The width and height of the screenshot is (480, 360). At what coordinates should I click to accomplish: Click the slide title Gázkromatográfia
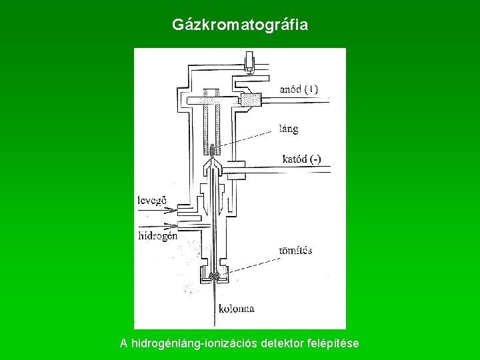tap(240, 25)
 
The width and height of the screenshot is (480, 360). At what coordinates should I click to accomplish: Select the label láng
tap(289, 128)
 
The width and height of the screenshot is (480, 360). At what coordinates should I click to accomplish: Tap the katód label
tap(293, 159)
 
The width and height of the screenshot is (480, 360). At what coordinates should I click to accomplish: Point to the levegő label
tap(153, 199)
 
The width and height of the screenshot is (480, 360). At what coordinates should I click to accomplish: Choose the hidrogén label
tap(157, 235)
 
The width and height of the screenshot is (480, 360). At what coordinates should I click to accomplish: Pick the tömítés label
tap(295, 251)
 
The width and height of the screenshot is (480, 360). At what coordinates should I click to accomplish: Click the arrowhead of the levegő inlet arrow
tap(174, 210)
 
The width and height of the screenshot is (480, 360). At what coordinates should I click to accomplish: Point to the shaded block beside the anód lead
tap(251, 99)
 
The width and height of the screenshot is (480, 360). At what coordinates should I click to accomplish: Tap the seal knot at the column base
tap(215, 276)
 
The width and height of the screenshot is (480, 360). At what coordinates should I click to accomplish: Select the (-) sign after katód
tap(315, 159)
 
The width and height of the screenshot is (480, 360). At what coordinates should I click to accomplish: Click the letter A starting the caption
tap(124, 343)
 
